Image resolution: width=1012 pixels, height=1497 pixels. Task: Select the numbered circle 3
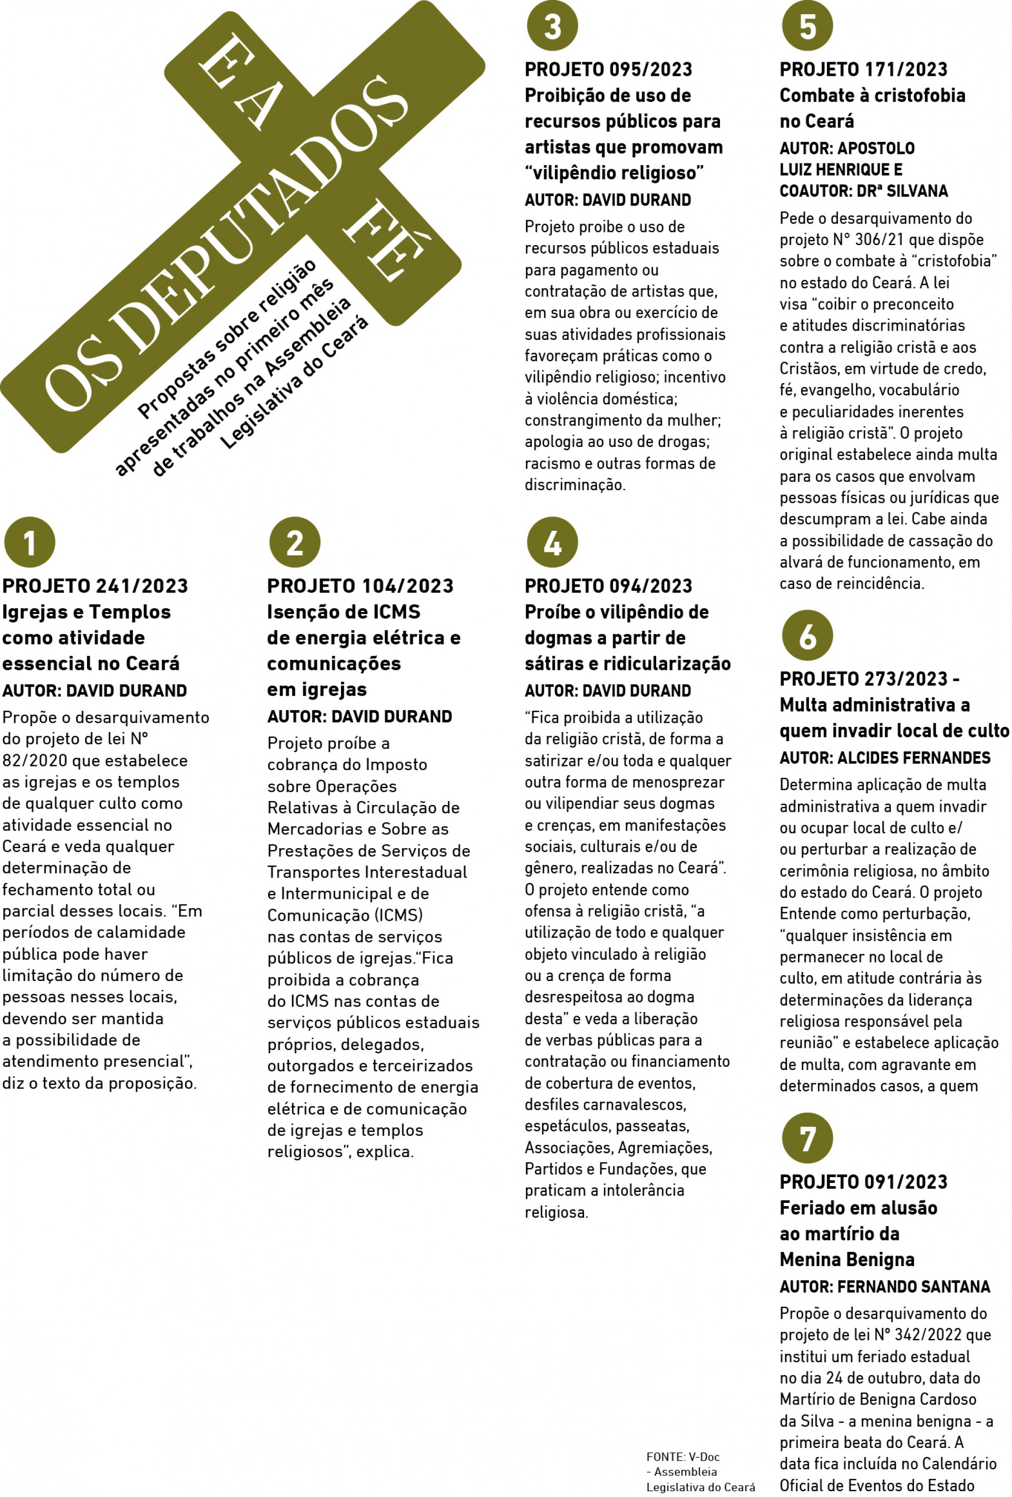coord(552,26)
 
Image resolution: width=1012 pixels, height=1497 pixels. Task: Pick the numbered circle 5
coord(807,26)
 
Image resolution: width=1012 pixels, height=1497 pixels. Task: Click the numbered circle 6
coord(807,636)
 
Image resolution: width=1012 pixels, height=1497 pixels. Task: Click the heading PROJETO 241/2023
coord(95,586)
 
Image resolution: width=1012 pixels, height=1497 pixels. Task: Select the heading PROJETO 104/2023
coord(360,586)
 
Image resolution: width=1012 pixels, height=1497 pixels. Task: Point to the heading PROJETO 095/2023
coord(608,70)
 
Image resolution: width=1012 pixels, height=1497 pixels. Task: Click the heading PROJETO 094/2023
coord(608,586)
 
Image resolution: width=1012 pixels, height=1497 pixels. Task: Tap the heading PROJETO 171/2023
coord(863,70)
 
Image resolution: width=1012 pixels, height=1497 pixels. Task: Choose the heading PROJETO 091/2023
coord(863,1182)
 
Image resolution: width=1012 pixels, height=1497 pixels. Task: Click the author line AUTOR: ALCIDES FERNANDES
coord(884,758)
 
